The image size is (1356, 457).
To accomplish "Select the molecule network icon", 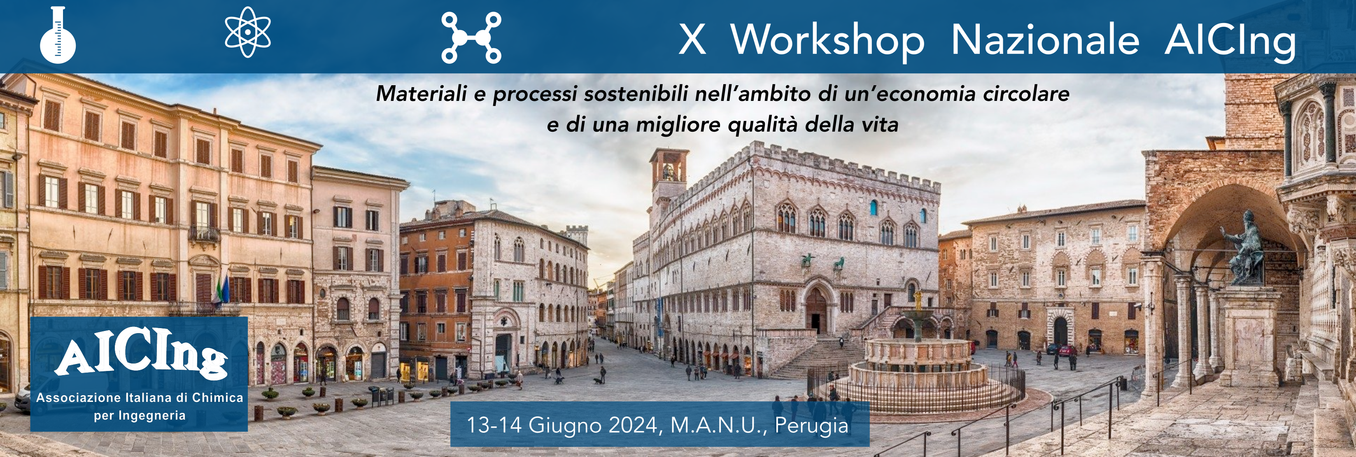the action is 471,38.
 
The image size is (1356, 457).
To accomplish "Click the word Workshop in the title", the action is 827,40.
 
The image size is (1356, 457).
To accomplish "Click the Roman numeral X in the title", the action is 692,40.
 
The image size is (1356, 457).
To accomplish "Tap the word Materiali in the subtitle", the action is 421,94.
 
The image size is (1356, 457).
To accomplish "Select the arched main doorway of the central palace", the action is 816,310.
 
